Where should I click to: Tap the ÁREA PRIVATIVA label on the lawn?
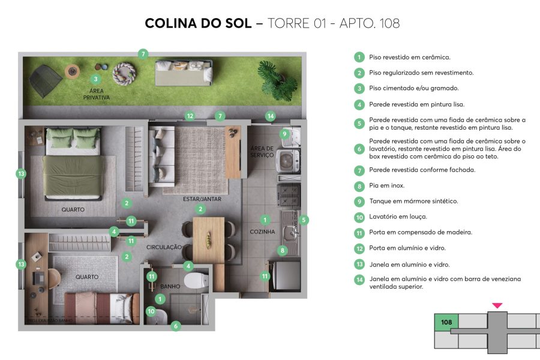97,94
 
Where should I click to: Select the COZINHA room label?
262,231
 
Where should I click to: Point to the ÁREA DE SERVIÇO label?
262,151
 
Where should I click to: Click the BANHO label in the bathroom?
170,287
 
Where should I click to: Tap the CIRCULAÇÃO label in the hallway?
164,247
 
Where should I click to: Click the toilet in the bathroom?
196,280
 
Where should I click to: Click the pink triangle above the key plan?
497,305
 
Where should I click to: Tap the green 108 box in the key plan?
446,322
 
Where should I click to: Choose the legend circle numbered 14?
359,280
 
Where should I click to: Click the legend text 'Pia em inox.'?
386,185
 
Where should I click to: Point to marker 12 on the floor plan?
190,116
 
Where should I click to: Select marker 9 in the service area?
284,134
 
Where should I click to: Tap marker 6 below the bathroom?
176,326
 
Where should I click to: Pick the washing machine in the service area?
289,160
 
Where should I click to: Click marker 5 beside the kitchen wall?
304,220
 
